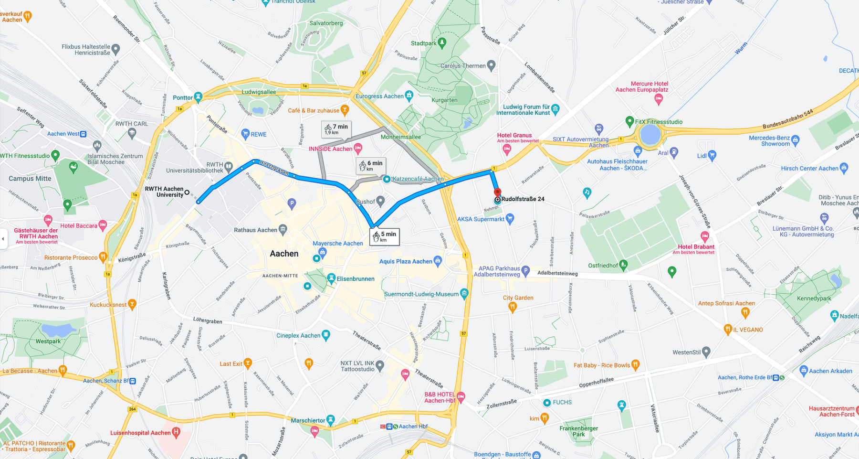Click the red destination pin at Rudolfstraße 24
497,193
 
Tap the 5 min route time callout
385,236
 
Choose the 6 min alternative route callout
371,165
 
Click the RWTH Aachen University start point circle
187,192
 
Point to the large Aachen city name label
284,254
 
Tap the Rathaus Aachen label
255,230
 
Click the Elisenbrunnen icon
331,278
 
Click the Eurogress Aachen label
379,96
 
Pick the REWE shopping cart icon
245,134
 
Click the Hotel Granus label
514,136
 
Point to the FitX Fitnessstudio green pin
629,121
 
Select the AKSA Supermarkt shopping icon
510,219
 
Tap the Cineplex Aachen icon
326,335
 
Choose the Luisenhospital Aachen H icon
176,433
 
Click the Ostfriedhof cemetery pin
623,265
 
